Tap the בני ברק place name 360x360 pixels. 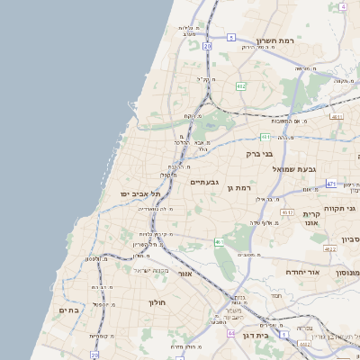coord(260,154)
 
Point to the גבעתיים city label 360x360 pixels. coord(204,182)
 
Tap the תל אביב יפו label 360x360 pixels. coord(135,193)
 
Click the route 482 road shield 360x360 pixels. coord(241,86)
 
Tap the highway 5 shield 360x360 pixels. coord(230,37)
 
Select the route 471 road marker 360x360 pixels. coord(331,184)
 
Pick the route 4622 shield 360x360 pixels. coord(330,249)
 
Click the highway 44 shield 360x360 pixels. coord(230,333)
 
